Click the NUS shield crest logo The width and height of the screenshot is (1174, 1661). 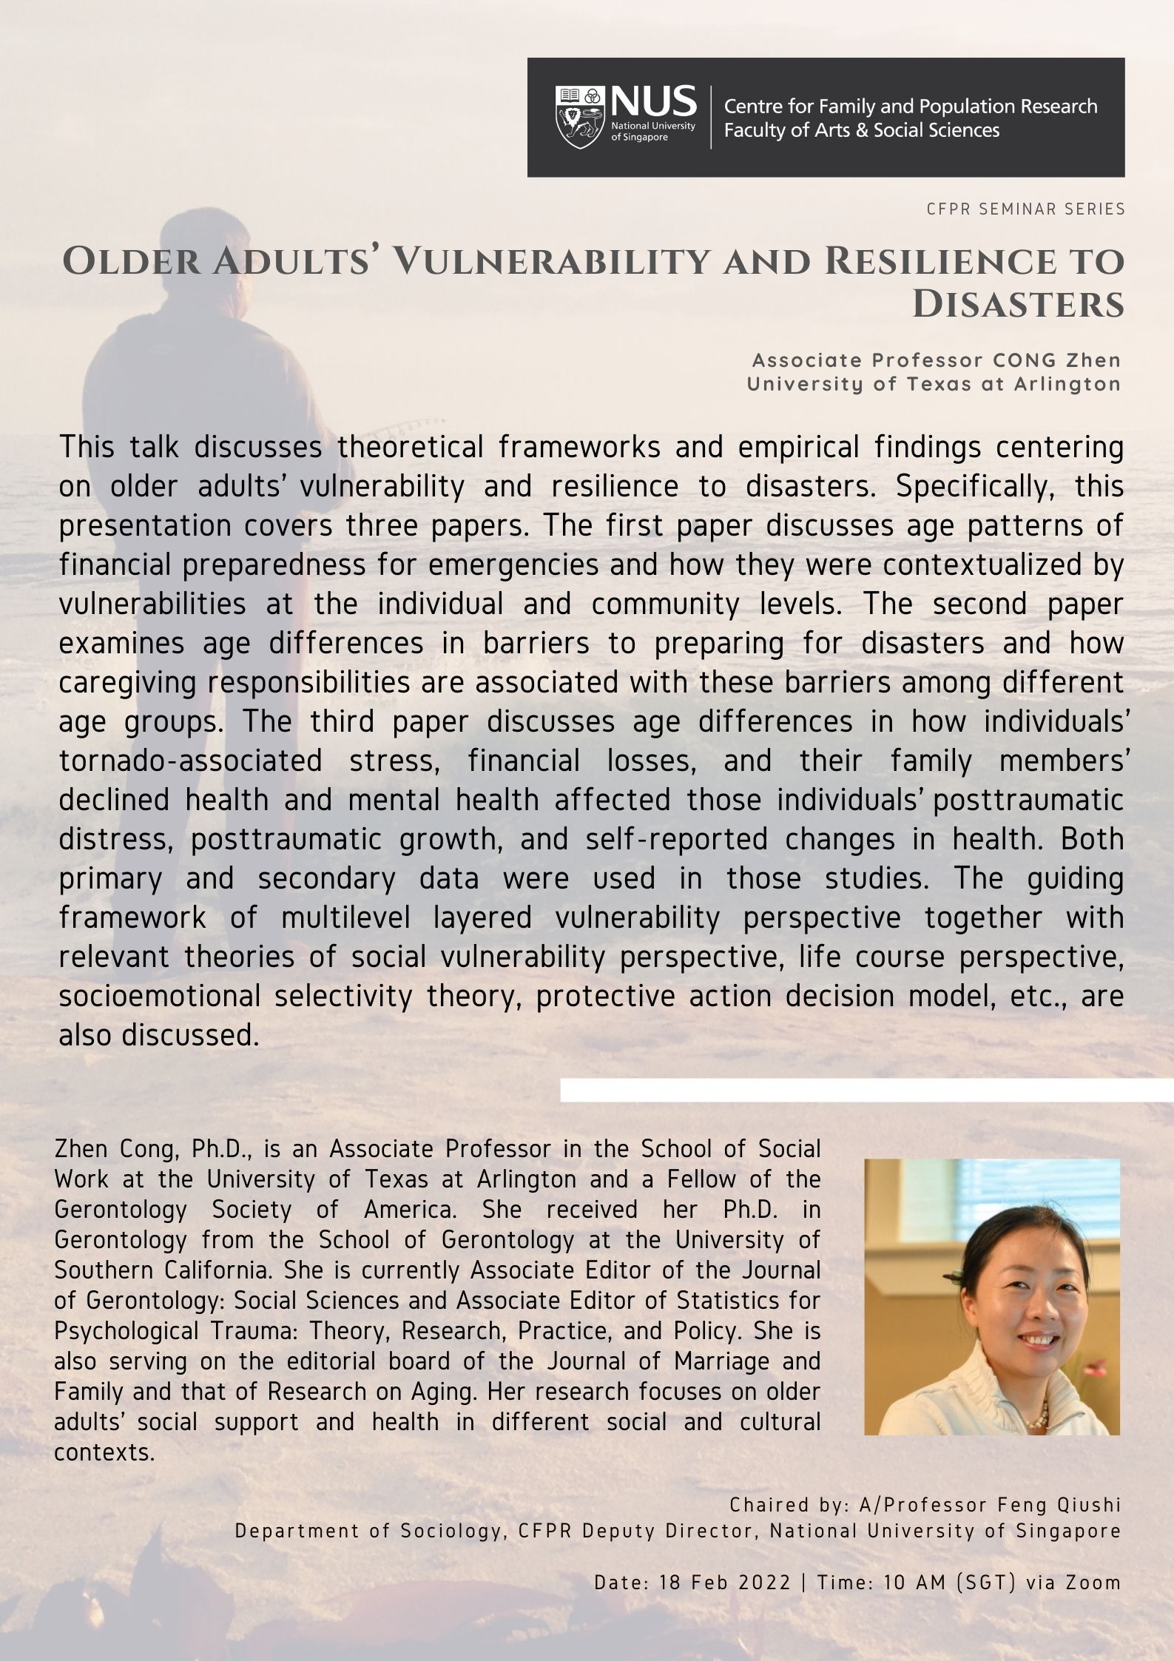(x=579, y=117)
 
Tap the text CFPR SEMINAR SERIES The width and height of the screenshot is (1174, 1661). (x=1025, y=209)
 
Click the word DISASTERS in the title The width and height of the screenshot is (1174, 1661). (x=1018, y=305)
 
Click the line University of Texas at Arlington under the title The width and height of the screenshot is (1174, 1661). (x=934, y=384)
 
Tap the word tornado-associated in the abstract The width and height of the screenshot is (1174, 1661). (x=190, y=761)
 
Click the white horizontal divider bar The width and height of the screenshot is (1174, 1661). (x=866, y=1090)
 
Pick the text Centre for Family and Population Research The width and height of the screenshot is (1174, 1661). (x=910, y=107)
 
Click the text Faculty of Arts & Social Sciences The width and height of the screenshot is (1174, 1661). (x=861, y=131)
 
